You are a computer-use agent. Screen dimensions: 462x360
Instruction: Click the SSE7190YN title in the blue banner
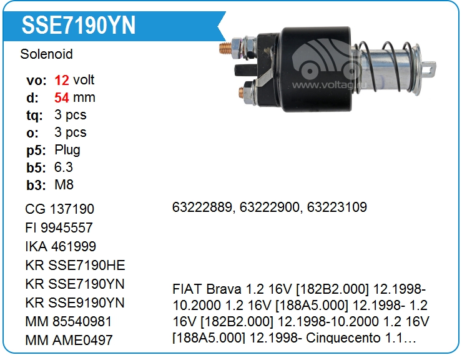coord(79,26)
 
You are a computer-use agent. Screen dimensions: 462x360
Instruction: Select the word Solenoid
coord(46,54)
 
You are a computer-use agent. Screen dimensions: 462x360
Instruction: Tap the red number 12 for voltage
coord(62,80)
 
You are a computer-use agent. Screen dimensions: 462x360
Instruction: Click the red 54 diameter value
coord(62,97)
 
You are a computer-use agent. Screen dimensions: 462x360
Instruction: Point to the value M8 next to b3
coord(64,185)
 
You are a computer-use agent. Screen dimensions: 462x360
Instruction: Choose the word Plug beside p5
coord(67,150)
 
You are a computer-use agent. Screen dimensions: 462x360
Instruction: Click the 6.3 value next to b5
coord(63,167)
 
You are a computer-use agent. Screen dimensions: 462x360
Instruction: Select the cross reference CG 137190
coord(59,209)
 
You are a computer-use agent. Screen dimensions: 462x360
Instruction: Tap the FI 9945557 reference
coord(59,227)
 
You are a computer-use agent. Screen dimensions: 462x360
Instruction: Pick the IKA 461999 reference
coord(61,246)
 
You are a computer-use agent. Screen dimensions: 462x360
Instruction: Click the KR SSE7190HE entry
coord(75,265)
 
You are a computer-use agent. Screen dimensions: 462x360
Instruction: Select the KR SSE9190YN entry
coord(75,302)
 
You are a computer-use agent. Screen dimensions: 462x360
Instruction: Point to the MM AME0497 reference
coord(69,340)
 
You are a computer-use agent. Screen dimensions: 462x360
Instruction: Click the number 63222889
coord(202,207)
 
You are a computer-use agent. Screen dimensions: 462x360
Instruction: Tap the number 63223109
coord(337,207)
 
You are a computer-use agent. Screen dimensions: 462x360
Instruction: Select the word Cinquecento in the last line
coord(343,338)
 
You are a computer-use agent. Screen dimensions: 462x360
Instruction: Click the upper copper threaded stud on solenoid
coord(226,48)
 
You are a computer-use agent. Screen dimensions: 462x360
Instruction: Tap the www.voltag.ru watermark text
coord(329,85)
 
